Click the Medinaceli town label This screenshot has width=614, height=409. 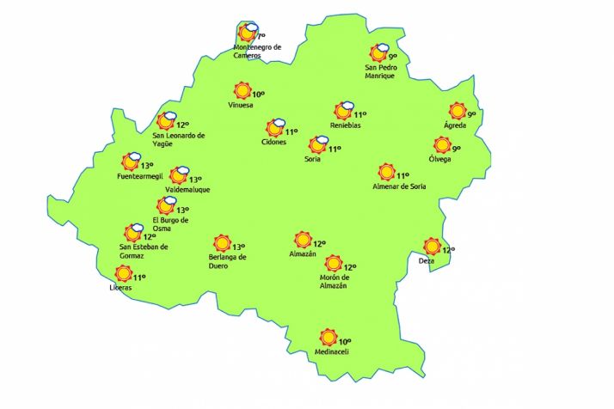[332, 351]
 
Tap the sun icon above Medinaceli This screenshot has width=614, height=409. [327, 337]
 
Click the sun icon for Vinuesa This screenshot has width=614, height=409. [242, 91]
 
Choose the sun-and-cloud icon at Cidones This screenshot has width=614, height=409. [275, 129]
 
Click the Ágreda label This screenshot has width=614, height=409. [455, 125]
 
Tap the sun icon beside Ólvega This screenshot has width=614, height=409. [442, 145]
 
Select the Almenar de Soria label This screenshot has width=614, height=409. [399, 186]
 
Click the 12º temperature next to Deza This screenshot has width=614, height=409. [447, 250]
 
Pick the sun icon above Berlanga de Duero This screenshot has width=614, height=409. [222, 243]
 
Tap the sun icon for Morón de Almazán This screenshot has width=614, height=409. [333, 264]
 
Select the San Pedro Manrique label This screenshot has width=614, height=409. [379, 71]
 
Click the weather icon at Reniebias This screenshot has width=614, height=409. [344, 111]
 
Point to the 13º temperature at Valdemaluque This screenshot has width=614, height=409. [195, 180]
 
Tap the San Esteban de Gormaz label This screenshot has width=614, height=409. [144, 252]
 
